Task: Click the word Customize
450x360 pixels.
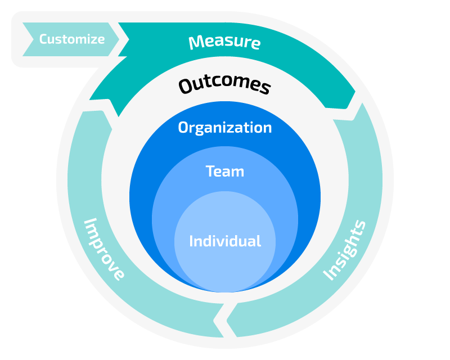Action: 71,39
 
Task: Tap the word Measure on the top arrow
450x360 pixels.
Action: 224,42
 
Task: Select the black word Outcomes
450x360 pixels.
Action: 224,85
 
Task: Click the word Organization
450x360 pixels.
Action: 224,128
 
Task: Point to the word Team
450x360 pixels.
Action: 224,171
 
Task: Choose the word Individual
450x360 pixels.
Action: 224,241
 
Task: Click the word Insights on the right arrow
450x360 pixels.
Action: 345,250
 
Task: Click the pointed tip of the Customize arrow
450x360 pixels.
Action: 119,39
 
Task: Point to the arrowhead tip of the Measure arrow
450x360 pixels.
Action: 355,93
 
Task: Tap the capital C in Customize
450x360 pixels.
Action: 43,39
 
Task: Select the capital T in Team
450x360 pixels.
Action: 210,171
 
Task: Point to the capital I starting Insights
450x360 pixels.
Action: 327,275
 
